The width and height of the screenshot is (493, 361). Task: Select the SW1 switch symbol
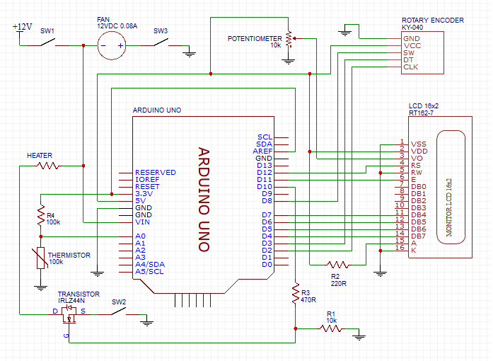tap(47, 43)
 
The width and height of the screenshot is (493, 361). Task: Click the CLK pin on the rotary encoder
tap(410, 67)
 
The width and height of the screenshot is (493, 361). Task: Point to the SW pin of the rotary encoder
tap(409, 53)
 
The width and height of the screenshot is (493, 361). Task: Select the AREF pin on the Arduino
tap(265, 151)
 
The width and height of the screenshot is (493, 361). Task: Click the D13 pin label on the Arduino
tap(265, 165)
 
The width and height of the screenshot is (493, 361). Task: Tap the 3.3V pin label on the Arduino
tap(145, 193)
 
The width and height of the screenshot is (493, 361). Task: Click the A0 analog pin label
tap(140, 236)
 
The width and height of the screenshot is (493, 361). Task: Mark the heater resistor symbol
tap(48, 166)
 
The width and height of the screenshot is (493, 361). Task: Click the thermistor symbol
tap(41, 258)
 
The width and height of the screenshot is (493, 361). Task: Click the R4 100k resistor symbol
tap(41, 217)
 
